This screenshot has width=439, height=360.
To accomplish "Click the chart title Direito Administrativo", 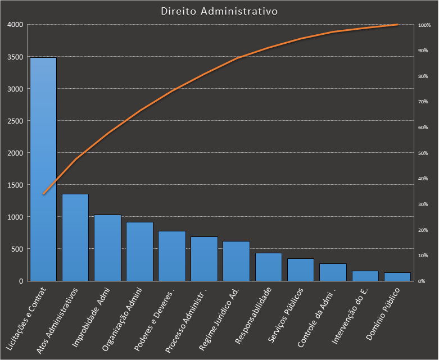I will pos(219,11).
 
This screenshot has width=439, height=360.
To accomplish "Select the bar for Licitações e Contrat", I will pos(43,168).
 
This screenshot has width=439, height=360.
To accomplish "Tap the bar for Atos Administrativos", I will pos(75,237).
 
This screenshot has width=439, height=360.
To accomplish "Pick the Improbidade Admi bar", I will pos(107,248).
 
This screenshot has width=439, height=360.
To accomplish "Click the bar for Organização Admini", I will pos(139,251).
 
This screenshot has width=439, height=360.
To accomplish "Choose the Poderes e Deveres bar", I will pos(171,256).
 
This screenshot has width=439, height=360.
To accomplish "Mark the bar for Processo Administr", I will pos(204,258).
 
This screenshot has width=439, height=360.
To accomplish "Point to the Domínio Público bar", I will pos(397,276).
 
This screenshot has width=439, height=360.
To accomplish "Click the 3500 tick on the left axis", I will pos(15,57).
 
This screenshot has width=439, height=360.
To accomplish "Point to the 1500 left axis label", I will pos(15,185).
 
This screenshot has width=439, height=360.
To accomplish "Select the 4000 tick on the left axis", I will pos(15,25).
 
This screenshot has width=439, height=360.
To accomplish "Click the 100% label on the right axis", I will pos(424,25).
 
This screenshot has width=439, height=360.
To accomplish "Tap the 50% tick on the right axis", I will pos(423,153).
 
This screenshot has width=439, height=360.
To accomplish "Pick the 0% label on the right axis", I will pos(422,281).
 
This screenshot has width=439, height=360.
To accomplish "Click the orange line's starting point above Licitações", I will pos(43,194).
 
